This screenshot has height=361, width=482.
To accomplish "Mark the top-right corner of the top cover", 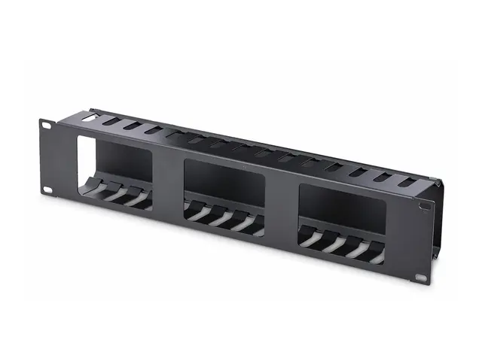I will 438,180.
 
